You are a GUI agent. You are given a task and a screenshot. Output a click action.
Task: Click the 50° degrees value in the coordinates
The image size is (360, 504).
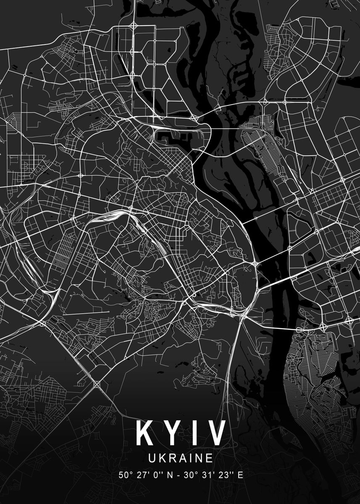point(125,475)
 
